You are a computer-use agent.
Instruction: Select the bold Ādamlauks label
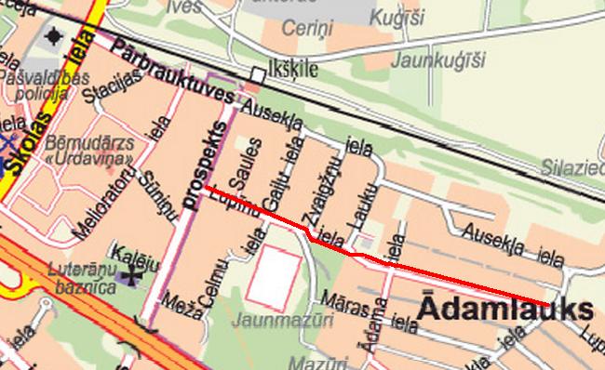tap(505, 311)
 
